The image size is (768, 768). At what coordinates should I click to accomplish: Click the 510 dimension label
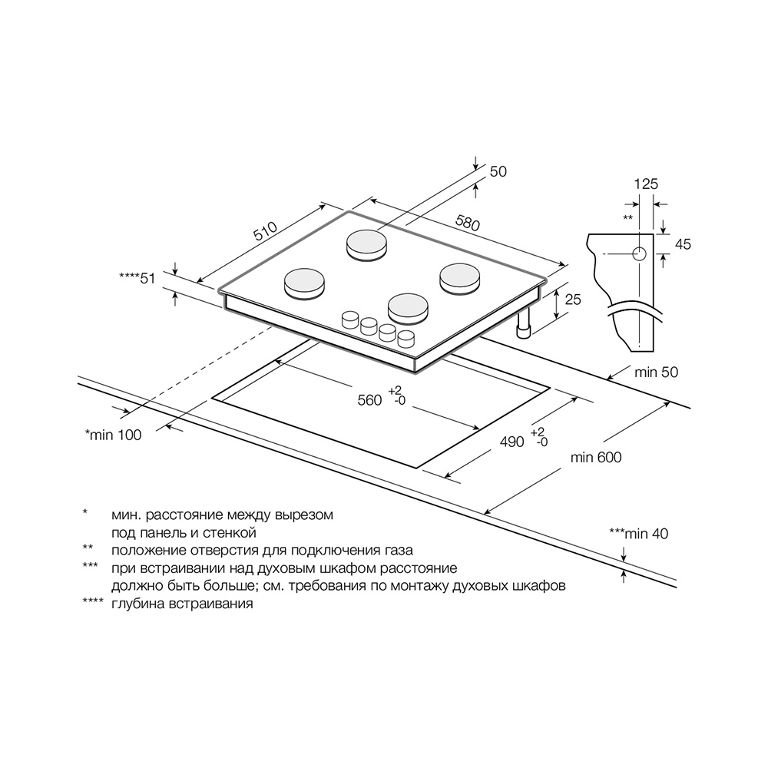(x=266, y=231)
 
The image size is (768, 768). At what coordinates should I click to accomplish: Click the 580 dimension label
(x=468, y=223)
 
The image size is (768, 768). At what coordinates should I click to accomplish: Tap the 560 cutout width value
(x=369, y=400)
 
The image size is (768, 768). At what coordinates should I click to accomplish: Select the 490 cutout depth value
(x=511, y=442)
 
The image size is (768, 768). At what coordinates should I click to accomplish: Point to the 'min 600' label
(x=596, y=458)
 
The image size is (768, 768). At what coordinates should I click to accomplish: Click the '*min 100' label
(x=113, y=435)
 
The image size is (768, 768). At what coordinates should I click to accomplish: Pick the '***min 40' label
(x=639, y=534)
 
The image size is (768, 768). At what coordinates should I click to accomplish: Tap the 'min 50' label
(x=657, y=372)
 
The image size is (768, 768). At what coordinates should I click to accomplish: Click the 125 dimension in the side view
(x=646, y=184)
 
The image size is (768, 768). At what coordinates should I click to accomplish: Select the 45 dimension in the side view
(x=683, y=244)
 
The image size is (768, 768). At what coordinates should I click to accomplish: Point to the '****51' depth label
(x=137, y=278)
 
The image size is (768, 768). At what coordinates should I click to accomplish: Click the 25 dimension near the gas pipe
(x=573, y=299)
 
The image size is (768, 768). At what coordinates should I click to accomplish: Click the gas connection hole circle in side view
(x=639, y=253)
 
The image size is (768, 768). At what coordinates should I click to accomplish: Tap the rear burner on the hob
(x=367, y=244)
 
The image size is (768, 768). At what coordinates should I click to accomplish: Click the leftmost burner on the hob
(x=305, y=283)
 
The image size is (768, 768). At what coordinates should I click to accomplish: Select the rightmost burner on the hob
(x=459, y=280)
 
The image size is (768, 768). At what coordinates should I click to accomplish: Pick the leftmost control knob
(x=350, y=319)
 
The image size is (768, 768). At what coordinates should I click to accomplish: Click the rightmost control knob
(x=406, y=339)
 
